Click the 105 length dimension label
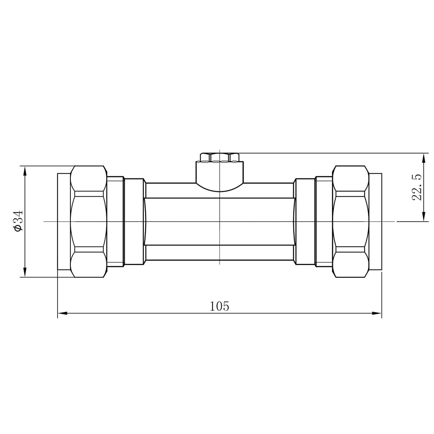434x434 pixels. [x=219, y=306]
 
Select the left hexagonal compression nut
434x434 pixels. [x=89, y=221]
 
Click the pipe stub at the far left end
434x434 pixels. [x=64, y=221]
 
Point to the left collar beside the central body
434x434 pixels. [x=134, y=221]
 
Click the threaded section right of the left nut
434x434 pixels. [x=115, y=221]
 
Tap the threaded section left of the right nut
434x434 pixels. [x=324, y=221]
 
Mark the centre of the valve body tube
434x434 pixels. [x=220, y=221]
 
